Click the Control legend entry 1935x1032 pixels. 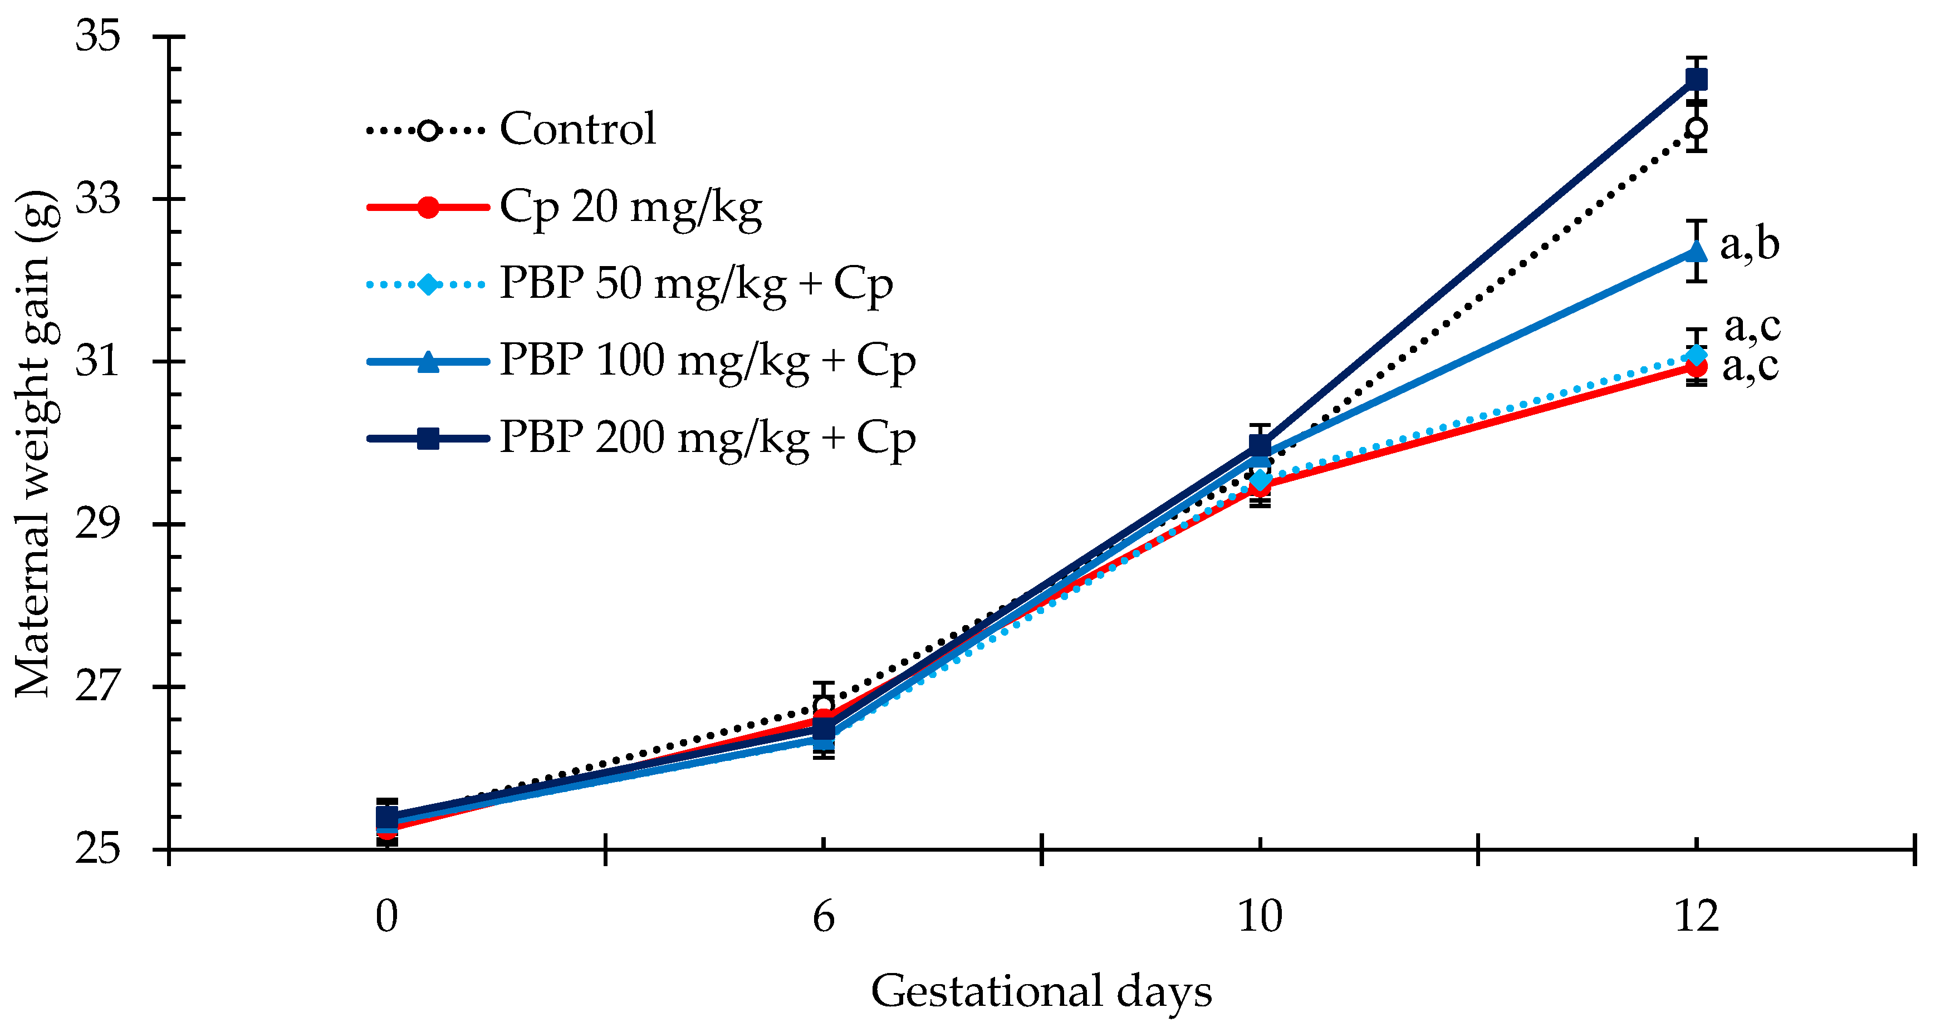coord(511,129)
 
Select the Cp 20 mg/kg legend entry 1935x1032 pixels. coord(564,207)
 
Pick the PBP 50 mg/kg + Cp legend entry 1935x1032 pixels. coord(629,284)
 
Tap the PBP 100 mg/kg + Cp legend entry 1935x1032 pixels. coord(641,361)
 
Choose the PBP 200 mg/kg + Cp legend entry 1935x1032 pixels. coord(641,439)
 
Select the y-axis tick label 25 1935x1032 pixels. coord(97,849)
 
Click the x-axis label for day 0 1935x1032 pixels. coord(387,916)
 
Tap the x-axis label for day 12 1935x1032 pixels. coord(1697,916)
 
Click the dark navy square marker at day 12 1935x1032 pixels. coord(1696,79)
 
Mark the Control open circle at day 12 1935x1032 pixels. coord(1696,127)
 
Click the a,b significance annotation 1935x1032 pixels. coord(1750,245)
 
